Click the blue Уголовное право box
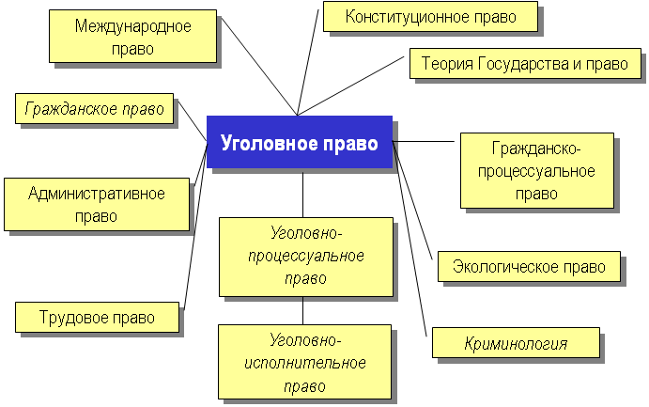300,142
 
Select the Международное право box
132,37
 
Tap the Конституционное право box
430,17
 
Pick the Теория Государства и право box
525,63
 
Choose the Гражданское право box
94,108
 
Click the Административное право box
97,205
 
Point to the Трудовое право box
98,317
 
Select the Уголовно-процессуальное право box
306,257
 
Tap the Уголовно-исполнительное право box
304,362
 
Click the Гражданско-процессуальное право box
537,170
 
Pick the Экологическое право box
529,267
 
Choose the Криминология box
516,343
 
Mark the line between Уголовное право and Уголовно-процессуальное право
303,193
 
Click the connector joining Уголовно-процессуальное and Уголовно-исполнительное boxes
303,310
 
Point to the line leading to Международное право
259,66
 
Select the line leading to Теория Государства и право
351,86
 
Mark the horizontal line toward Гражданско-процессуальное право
423,142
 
